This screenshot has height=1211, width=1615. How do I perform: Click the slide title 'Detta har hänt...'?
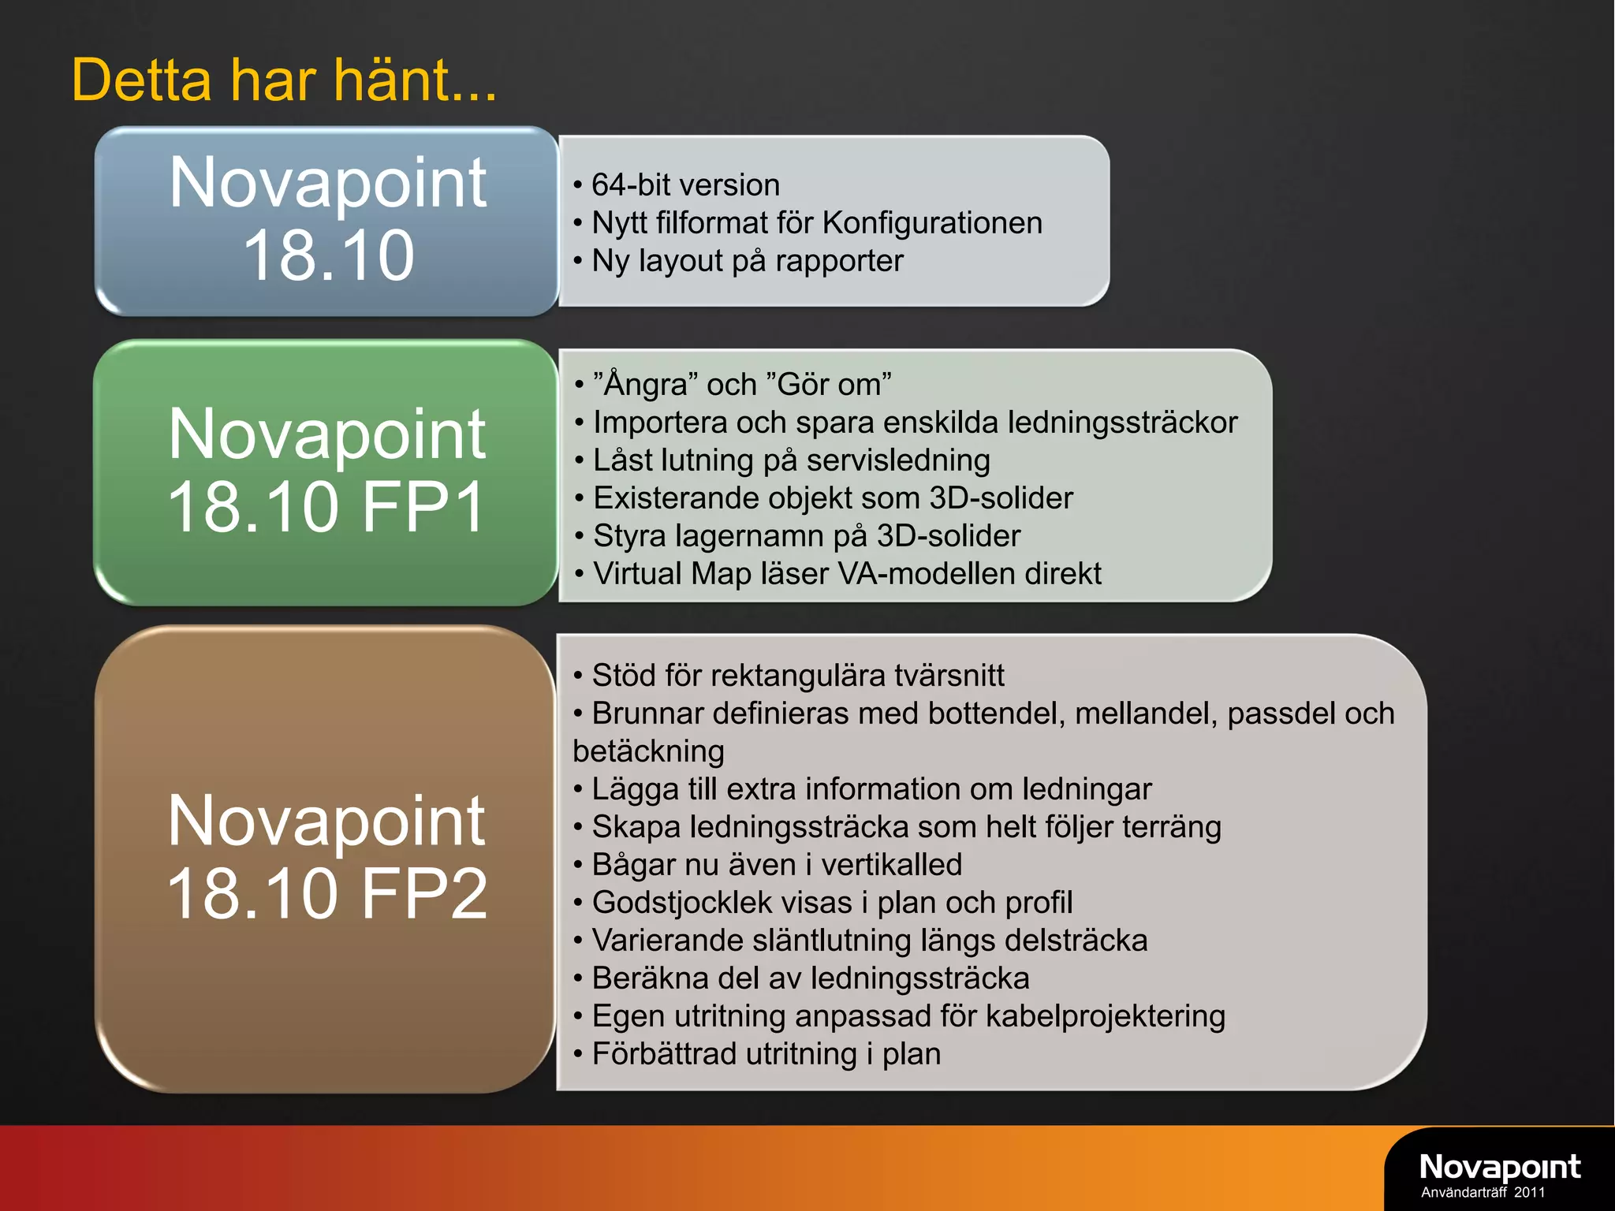point(284,80)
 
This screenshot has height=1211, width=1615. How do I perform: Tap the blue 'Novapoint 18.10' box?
point(327,221)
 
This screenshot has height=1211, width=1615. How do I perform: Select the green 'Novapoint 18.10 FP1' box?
point(327,471)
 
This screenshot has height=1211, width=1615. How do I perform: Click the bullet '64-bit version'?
point(684,185)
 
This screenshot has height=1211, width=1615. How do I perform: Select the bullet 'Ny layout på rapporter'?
point(747,261)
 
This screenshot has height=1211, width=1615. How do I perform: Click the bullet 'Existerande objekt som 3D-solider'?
point(833,498)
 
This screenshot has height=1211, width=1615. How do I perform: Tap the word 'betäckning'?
point(648,751)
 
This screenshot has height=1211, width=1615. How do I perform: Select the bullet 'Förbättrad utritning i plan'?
point(766,1054)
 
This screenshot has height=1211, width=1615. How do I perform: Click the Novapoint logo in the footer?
point(1499,1166)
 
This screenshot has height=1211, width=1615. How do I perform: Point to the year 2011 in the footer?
point(1529,1193)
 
